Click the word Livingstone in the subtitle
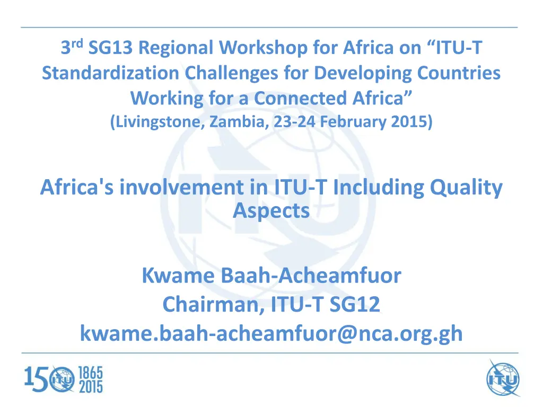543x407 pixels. [x=158, y=122]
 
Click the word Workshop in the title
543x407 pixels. [x=263, y=48]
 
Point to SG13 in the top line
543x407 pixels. [x=110, y=47]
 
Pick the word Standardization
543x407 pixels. [x=110, y=73]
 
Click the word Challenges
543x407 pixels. [x=231, y=74]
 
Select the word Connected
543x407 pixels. [x=300, y=98]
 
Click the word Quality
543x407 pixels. [x=466, y=188]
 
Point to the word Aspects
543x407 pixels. [x=271, y=211]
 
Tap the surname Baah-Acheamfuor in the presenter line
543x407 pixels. [x=311, y=276]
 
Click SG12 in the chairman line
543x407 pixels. [x=355, y=305]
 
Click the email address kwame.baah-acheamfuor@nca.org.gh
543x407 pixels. [x=271, y=334]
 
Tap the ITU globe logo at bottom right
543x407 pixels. [x=503, y=378]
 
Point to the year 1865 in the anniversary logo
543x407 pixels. [x=91, y=373]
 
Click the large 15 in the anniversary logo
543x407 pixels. [x=36, y=379]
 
